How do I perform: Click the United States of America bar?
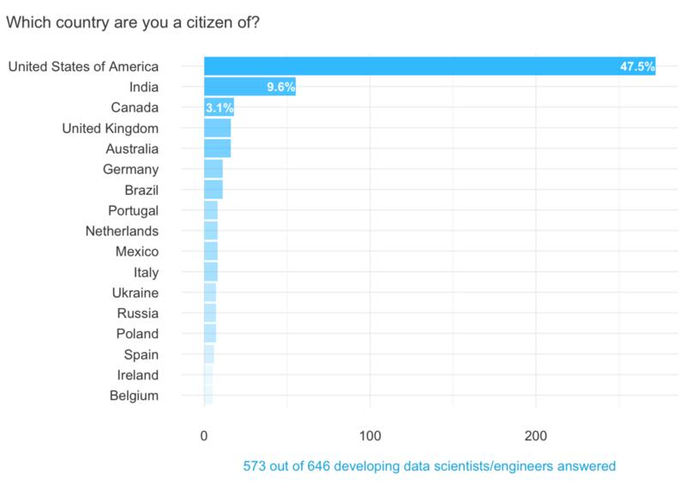tap(429, 66)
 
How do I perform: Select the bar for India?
tap(250, 87)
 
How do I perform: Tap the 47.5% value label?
tap(637, 67)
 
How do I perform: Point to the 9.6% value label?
tap(280, 88)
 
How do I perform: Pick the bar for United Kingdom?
tap(217, 128)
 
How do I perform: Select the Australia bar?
tap(217, 148)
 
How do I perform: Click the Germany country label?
tap(130, 169)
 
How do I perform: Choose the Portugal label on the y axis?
tap(133, 210)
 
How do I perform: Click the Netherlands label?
tap(122, 231)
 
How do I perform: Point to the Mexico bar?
tap(210, 251)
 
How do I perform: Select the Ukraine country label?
tap(135, 293)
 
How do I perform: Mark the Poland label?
tap(137, 334)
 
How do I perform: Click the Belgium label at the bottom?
tap(134, 396)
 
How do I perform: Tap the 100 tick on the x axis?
tap(370, 435)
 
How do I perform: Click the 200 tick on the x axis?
tap(536, 435)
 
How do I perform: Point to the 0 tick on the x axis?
tap(204, 435)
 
